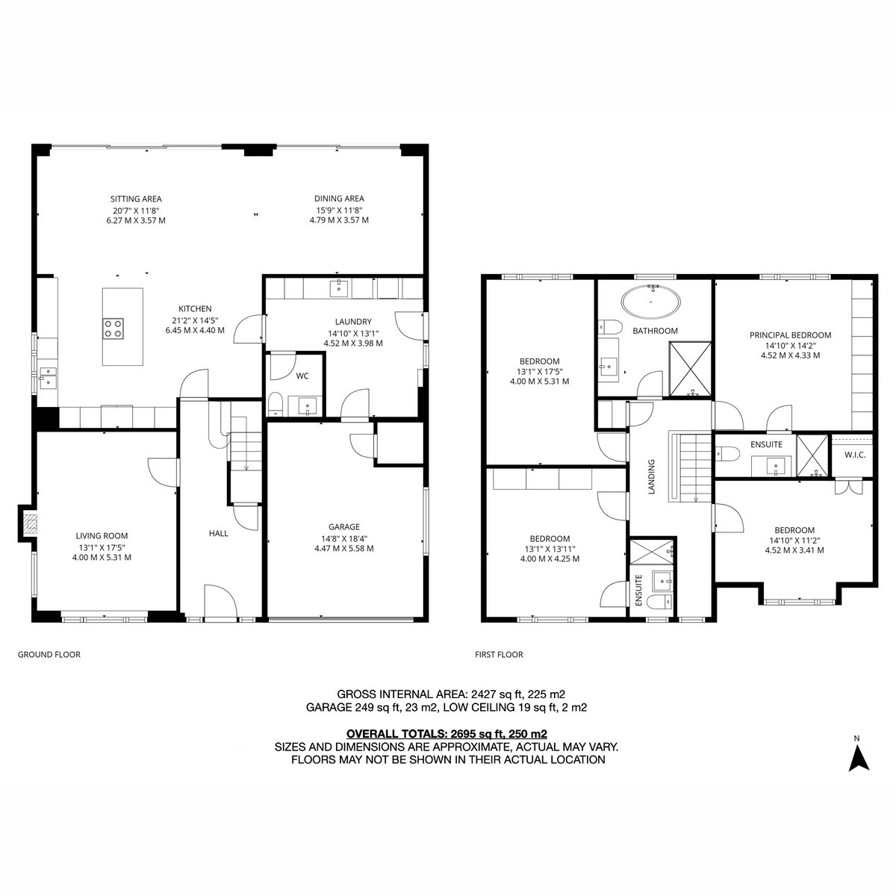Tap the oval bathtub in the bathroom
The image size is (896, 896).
(x=651, y=302)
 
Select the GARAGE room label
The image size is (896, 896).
(x=344, y=527)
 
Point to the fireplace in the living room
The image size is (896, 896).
(x=30, y=523)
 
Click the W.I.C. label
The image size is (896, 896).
(x=855, y=455)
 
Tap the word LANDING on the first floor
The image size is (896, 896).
(x=651, y=476)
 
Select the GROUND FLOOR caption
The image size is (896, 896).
(x=49, y=655)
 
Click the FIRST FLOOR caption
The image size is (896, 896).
(x=499, y=655)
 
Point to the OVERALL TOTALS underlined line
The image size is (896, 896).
(x=447, y=734)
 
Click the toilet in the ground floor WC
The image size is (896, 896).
(x=276, y=404)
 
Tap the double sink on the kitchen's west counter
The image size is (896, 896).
(x=48, y=377)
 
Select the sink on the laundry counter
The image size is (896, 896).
(x=340, y=287)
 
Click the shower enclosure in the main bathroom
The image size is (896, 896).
(x=690, y=369)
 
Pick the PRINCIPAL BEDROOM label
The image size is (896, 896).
(x=790, y=335)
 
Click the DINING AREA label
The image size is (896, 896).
(x=339, y=199)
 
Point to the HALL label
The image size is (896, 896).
(x=219, y=533)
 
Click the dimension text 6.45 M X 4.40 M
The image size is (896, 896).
(x=195, y=330)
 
